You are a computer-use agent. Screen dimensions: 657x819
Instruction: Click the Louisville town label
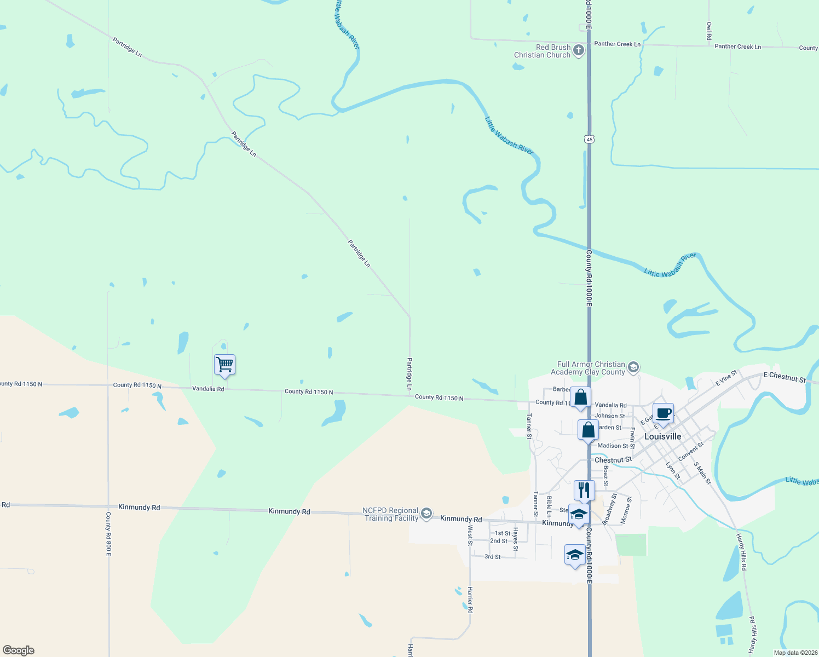(662, 436)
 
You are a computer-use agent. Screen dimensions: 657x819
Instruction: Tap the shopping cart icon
(224, 364)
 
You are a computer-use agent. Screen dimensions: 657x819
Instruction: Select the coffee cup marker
(663, 413)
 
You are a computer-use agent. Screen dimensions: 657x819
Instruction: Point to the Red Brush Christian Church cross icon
(579, 51)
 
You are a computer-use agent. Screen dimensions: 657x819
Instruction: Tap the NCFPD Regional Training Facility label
(391, 514)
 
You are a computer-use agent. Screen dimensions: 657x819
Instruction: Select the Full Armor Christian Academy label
(591, 368)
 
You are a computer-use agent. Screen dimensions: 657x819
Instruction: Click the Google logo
(19, 650)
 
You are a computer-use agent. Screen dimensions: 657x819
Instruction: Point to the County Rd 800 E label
(108, 534)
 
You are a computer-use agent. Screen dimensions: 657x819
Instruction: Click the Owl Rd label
(709, 31)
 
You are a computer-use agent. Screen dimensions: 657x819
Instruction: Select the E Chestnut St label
(785, 377)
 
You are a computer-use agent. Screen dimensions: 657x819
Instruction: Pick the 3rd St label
(492, 557)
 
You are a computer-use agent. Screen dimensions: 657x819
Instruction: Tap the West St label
(470, 535)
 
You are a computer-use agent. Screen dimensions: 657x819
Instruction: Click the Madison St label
(613, 446)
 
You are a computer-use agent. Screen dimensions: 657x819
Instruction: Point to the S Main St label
(702, 474)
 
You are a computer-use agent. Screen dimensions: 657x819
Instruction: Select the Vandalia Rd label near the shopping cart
(208, 389)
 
